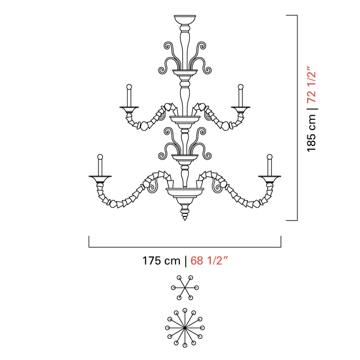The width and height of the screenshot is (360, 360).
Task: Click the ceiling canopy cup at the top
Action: [x=185, y=20]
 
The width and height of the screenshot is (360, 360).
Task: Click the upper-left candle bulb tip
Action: [x=129, y=87]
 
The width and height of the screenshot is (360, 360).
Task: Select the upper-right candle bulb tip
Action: [x=241, y=87]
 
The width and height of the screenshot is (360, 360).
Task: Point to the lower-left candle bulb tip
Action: [x=100, y=157]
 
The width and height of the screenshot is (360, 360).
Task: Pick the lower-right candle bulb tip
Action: [x=270, y=157]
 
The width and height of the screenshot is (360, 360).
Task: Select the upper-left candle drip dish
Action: [x=129, y=108]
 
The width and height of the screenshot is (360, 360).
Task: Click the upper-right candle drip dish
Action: [x=241, y=108]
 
